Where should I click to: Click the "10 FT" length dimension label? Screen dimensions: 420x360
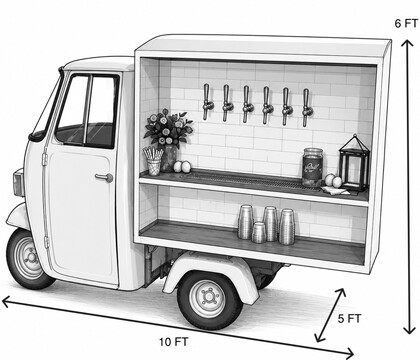coord(174,342)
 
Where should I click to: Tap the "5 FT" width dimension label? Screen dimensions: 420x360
coord(349,318)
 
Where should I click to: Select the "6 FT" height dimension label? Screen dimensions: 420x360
coord(406,23)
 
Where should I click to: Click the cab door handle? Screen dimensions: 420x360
coord(104,177)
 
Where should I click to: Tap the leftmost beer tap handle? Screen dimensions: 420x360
coord(207,102)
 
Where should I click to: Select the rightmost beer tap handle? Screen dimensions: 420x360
coord(307,107)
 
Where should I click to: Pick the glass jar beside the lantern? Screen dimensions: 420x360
coord(313,167)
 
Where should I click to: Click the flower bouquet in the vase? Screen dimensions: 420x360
coord(168,128)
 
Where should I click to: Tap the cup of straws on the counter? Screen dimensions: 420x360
coord(154,161)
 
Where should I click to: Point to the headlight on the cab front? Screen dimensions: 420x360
coord(18,183)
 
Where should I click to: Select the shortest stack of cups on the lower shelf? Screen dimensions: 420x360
coord(259,232)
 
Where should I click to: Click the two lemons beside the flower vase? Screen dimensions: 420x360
coord(182,167)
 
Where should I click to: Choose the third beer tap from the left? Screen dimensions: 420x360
coord(246,104)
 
